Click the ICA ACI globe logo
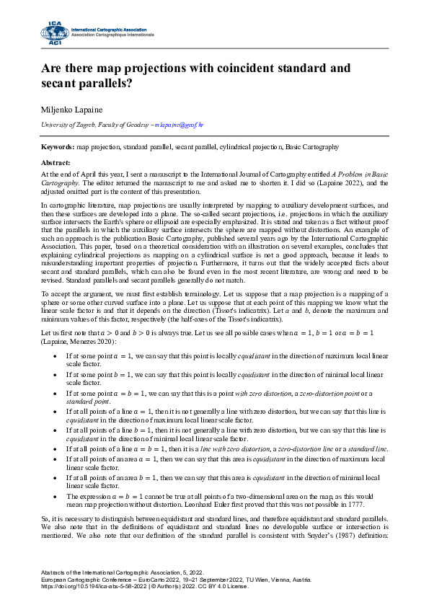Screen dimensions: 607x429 (x=54, y=32)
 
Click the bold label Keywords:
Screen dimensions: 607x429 (x=58, y=146)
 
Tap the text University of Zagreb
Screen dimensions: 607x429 (x=66, y=125)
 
